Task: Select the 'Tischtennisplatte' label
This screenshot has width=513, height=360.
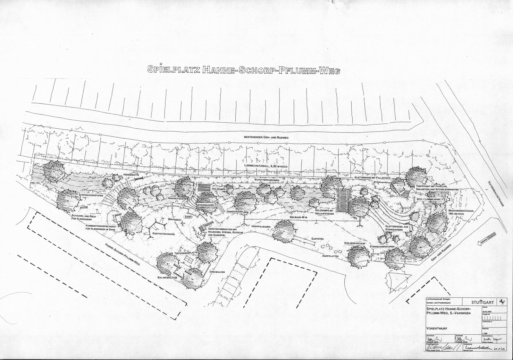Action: (186, 253)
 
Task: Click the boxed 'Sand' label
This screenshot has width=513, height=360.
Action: (188, 217)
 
